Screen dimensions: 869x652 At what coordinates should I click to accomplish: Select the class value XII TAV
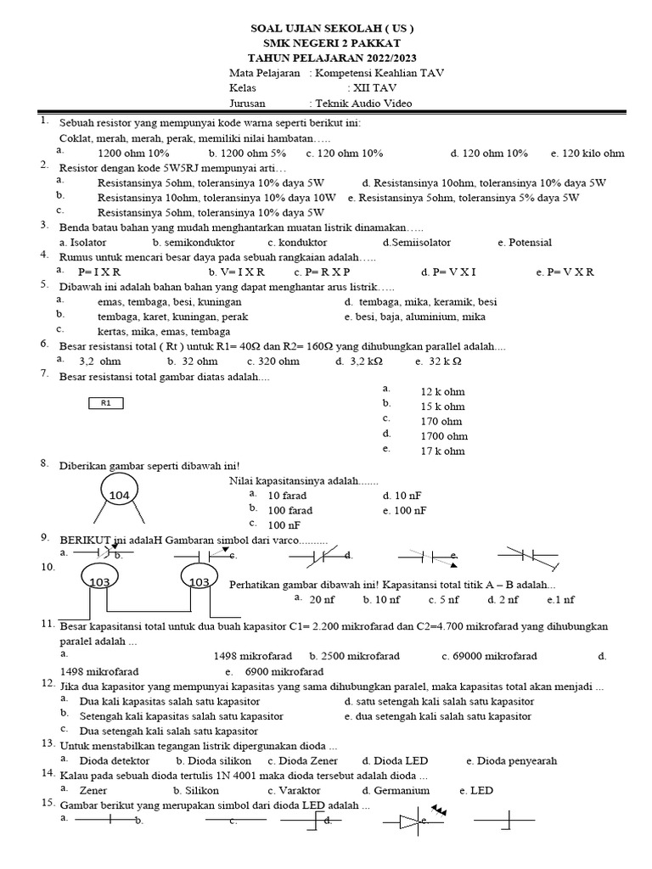click(372, 87)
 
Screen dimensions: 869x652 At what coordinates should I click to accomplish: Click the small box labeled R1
click(106, 403)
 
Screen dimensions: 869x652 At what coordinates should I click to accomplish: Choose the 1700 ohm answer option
click(444, 436)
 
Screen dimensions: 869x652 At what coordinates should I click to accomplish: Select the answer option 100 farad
click(290, 510)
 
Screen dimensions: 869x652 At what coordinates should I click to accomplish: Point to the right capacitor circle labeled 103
click(200, 581)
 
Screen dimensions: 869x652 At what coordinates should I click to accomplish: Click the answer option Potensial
click(530, 242)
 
